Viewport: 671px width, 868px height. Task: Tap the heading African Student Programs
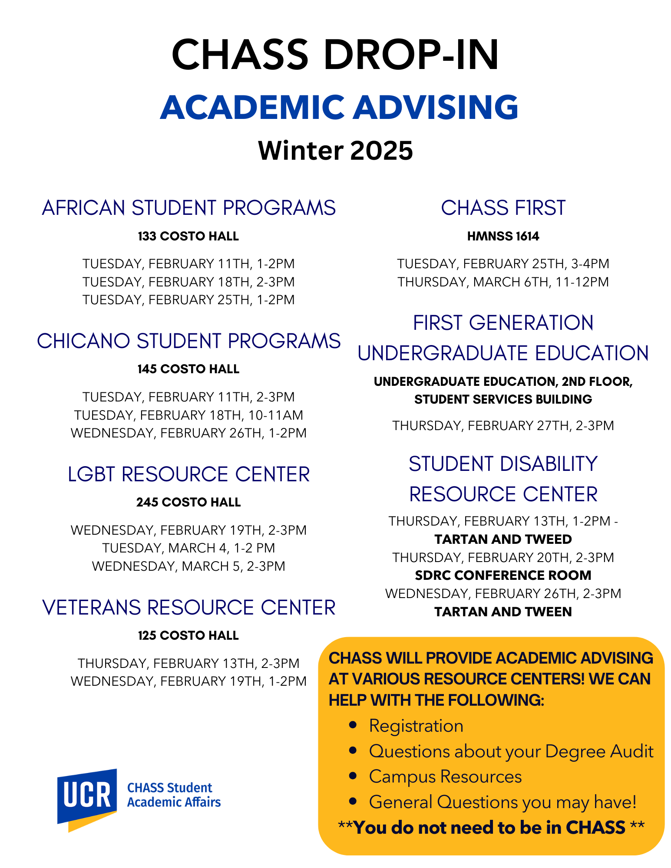[x=188, y=208]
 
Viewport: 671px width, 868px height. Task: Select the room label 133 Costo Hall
[x=188, y=236]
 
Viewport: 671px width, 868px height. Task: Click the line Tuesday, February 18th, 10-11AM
[x=188, y=415]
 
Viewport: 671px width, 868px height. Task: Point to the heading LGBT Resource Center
[x=188, y=474]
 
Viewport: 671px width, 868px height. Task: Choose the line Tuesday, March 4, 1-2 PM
[x=188, y=548]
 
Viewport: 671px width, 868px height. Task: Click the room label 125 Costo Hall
[x=188, y=635]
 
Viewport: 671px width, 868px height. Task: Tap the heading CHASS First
[x=503, y=208]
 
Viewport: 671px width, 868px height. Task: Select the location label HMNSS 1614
[x=503, y=236]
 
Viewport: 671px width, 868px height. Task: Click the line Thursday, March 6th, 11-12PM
[x=503, y=282]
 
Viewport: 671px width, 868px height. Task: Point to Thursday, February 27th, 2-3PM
[x=503, y=426]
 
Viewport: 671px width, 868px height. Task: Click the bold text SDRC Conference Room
[x=503, y=575]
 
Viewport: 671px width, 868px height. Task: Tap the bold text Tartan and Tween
[x=503, y=612]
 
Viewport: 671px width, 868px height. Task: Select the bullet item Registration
[x=416, y=726]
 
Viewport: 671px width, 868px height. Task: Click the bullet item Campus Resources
[x=445, y=777]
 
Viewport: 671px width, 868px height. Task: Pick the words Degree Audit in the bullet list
[x=599, y=752]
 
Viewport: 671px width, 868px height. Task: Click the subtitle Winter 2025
[x=335, y=151]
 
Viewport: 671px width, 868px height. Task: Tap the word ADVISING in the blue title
[x=436, y=107]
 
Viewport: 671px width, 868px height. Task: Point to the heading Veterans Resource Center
[x=188, y=608]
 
